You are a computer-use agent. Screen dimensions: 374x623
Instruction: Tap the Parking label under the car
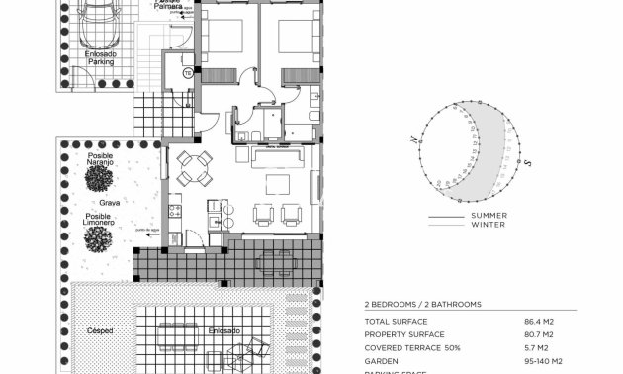click(x=101, y=61)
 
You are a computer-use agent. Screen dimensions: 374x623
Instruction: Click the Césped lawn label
click(x=100, y=330)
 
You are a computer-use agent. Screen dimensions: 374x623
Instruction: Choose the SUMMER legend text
click(x=489, y=216)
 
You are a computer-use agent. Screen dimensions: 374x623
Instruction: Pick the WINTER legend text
click(x=488, y=225)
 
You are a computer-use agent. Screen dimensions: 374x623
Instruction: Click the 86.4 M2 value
click(x=539, y=322)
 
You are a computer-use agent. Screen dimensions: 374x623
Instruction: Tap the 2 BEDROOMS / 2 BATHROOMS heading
click(x=422, y=305)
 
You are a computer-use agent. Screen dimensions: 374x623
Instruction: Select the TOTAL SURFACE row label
click(x=396, y=322)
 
